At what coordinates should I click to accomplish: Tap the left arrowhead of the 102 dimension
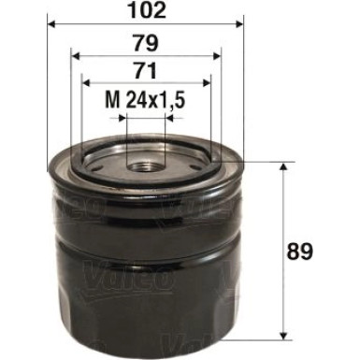[x=50, y=22]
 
